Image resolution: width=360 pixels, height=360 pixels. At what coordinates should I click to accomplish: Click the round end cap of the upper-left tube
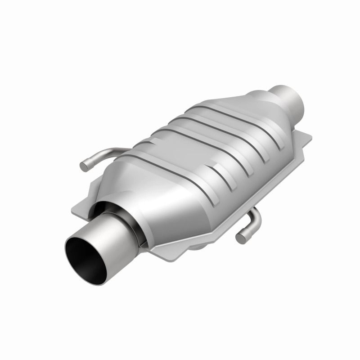pos(84,166)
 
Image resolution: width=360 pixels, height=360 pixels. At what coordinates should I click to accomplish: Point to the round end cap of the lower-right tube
pos(241,239)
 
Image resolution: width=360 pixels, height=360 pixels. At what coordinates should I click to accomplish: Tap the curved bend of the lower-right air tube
pos(256,216)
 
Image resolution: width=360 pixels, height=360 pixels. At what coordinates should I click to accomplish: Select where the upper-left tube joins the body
pos(126,149)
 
